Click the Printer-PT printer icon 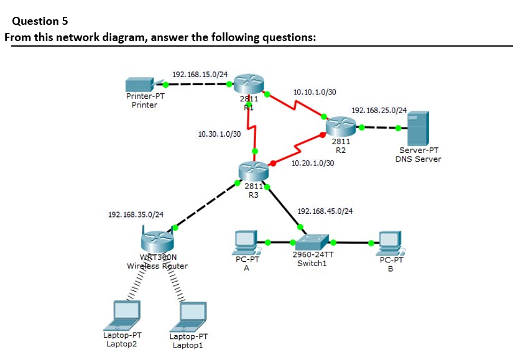click(x=141, y=84)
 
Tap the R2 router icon click(x=340, y=127)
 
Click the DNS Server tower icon click(x=417, y=129)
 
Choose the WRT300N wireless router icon click(x=157, y=239)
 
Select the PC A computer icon click(x=246, y=241)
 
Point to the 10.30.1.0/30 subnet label click(x=219, y=134)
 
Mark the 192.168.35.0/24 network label click(x=136, y=215)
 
